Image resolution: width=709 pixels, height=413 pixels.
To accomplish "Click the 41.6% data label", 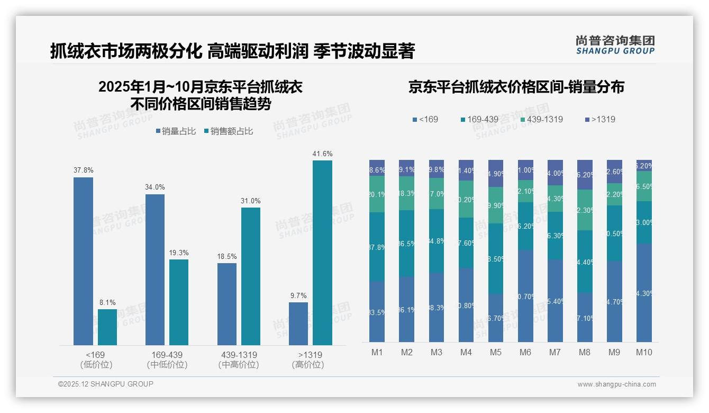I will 322,154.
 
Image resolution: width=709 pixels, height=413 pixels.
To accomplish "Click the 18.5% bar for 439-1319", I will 227,304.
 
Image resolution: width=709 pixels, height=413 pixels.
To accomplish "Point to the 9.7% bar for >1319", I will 298,324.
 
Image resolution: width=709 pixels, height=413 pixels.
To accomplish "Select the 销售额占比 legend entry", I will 228,131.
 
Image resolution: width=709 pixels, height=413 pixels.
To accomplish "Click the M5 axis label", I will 496,352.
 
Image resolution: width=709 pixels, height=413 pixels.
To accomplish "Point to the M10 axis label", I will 644,352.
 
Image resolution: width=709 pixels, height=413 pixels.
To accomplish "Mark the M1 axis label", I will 377,352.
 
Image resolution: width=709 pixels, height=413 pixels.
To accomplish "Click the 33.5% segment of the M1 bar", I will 377,311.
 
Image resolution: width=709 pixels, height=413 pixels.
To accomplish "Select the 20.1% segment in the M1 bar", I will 377,194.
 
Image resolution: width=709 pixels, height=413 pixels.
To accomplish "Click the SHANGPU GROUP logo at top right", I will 615,45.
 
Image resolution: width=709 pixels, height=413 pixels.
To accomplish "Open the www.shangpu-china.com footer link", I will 616,384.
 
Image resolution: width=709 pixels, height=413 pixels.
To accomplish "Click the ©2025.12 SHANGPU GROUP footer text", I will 106,384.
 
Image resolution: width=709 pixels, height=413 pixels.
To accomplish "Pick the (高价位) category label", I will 308,365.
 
